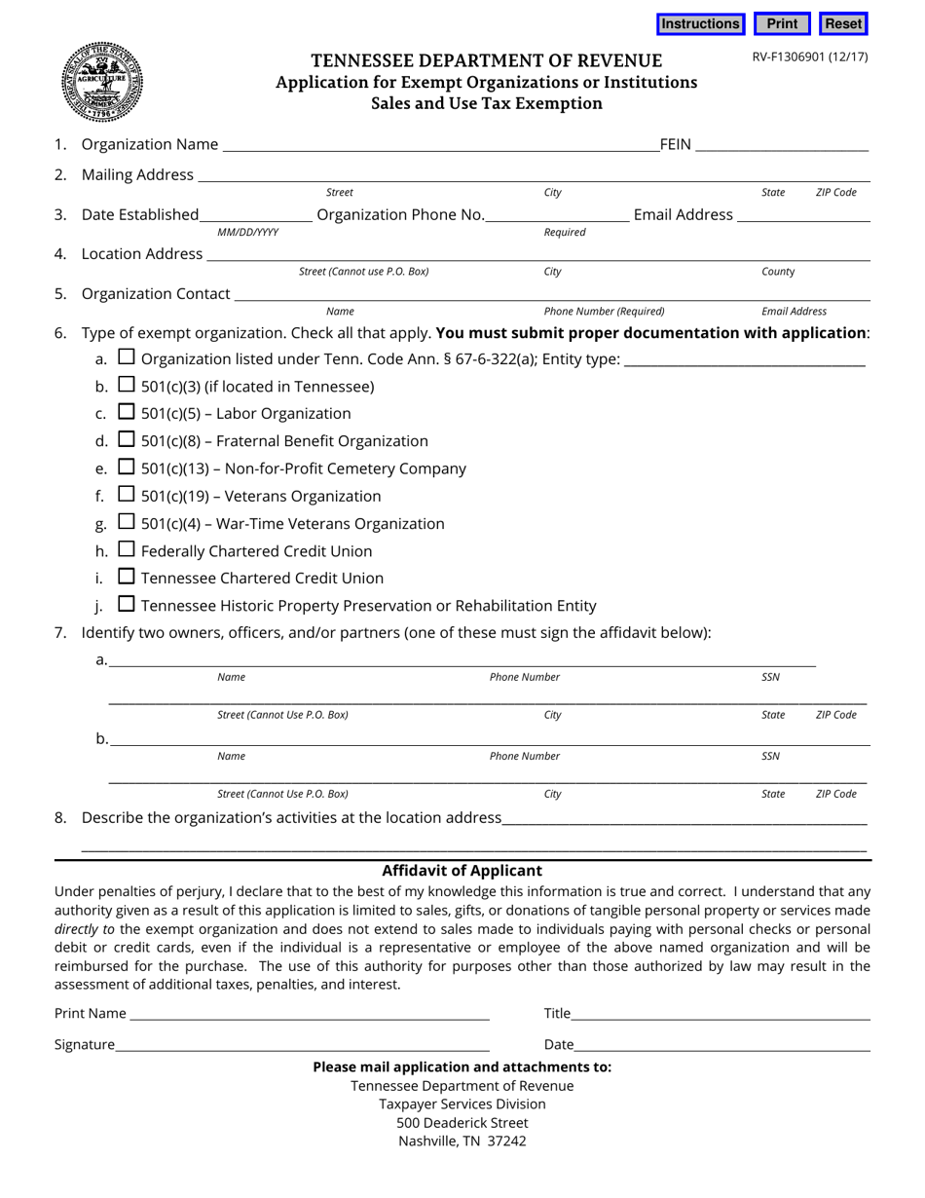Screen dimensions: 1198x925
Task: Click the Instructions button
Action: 700,24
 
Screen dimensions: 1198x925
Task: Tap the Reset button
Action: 843,24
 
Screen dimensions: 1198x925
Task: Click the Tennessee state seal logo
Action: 101,82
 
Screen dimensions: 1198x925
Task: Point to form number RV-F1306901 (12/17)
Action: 809,56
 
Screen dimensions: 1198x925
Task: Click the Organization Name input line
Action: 440,145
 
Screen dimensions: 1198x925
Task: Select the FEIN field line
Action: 781,145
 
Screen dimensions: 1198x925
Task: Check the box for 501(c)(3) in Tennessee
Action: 127,385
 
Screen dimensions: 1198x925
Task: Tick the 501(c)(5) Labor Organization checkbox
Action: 127,412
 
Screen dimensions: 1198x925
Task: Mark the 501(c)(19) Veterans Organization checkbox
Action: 127,495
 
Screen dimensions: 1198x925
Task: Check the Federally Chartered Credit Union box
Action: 127,549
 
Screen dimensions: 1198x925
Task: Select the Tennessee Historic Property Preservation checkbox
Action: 127,604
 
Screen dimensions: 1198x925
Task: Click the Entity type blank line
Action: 744,359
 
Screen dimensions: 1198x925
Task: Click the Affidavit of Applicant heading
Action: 462,871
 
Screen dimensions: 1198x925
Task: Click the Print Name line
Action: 309,1014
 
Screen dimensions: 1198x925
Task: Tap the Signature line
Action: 302,1045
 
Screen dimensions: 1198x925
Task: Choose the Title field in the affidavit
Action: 721,1014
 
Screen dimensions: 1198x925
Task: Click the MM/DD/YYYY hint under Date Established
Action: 248,233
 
